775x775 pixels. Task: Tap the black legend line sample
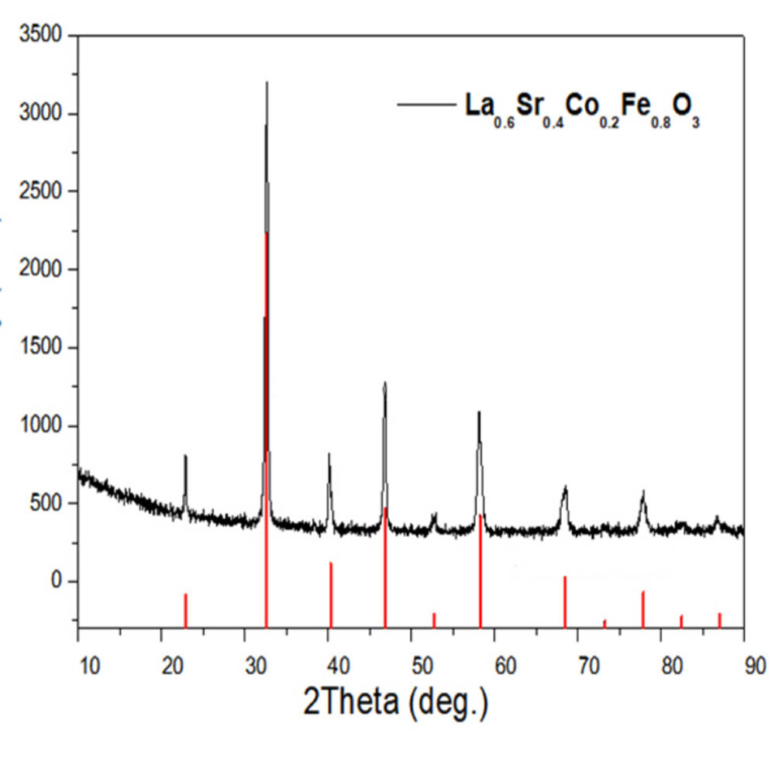(425, 104)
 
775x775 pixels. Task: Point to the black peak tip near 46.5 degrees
(384, 383)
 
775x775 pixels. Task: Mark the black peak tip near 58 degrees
(479, 412)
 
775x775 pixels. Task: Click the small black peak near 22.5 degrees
(185, 456)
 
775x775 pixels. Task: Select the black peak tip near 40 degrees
(329, 455)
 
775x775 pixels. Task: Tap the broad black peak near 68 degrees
(565, 487)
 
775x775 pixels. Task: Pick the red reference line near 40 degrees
(331, 594)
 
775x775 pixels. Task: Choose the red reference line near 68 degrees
(565, 601)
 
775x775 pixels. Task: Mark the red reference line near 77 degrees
(643, 609)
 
